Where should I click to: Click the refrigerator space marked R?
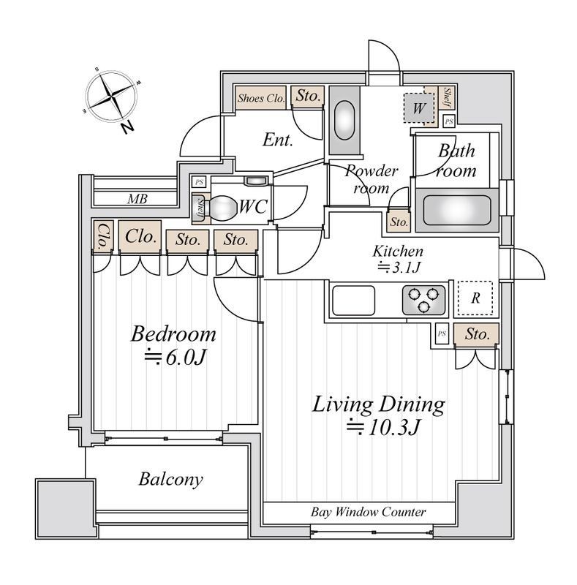coord(475,298)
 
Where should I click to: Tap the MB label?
coord(136,198)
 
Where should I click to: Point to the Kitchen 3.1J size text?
coord(398,268)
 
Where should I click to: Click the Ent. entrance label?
coord(278,140)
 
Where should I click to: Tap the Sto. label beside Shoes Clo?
coord(308,95)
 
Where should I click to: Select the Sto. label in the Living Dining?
coord(476,334)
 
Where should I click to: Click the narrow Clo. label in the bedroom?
coord(102,235)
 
